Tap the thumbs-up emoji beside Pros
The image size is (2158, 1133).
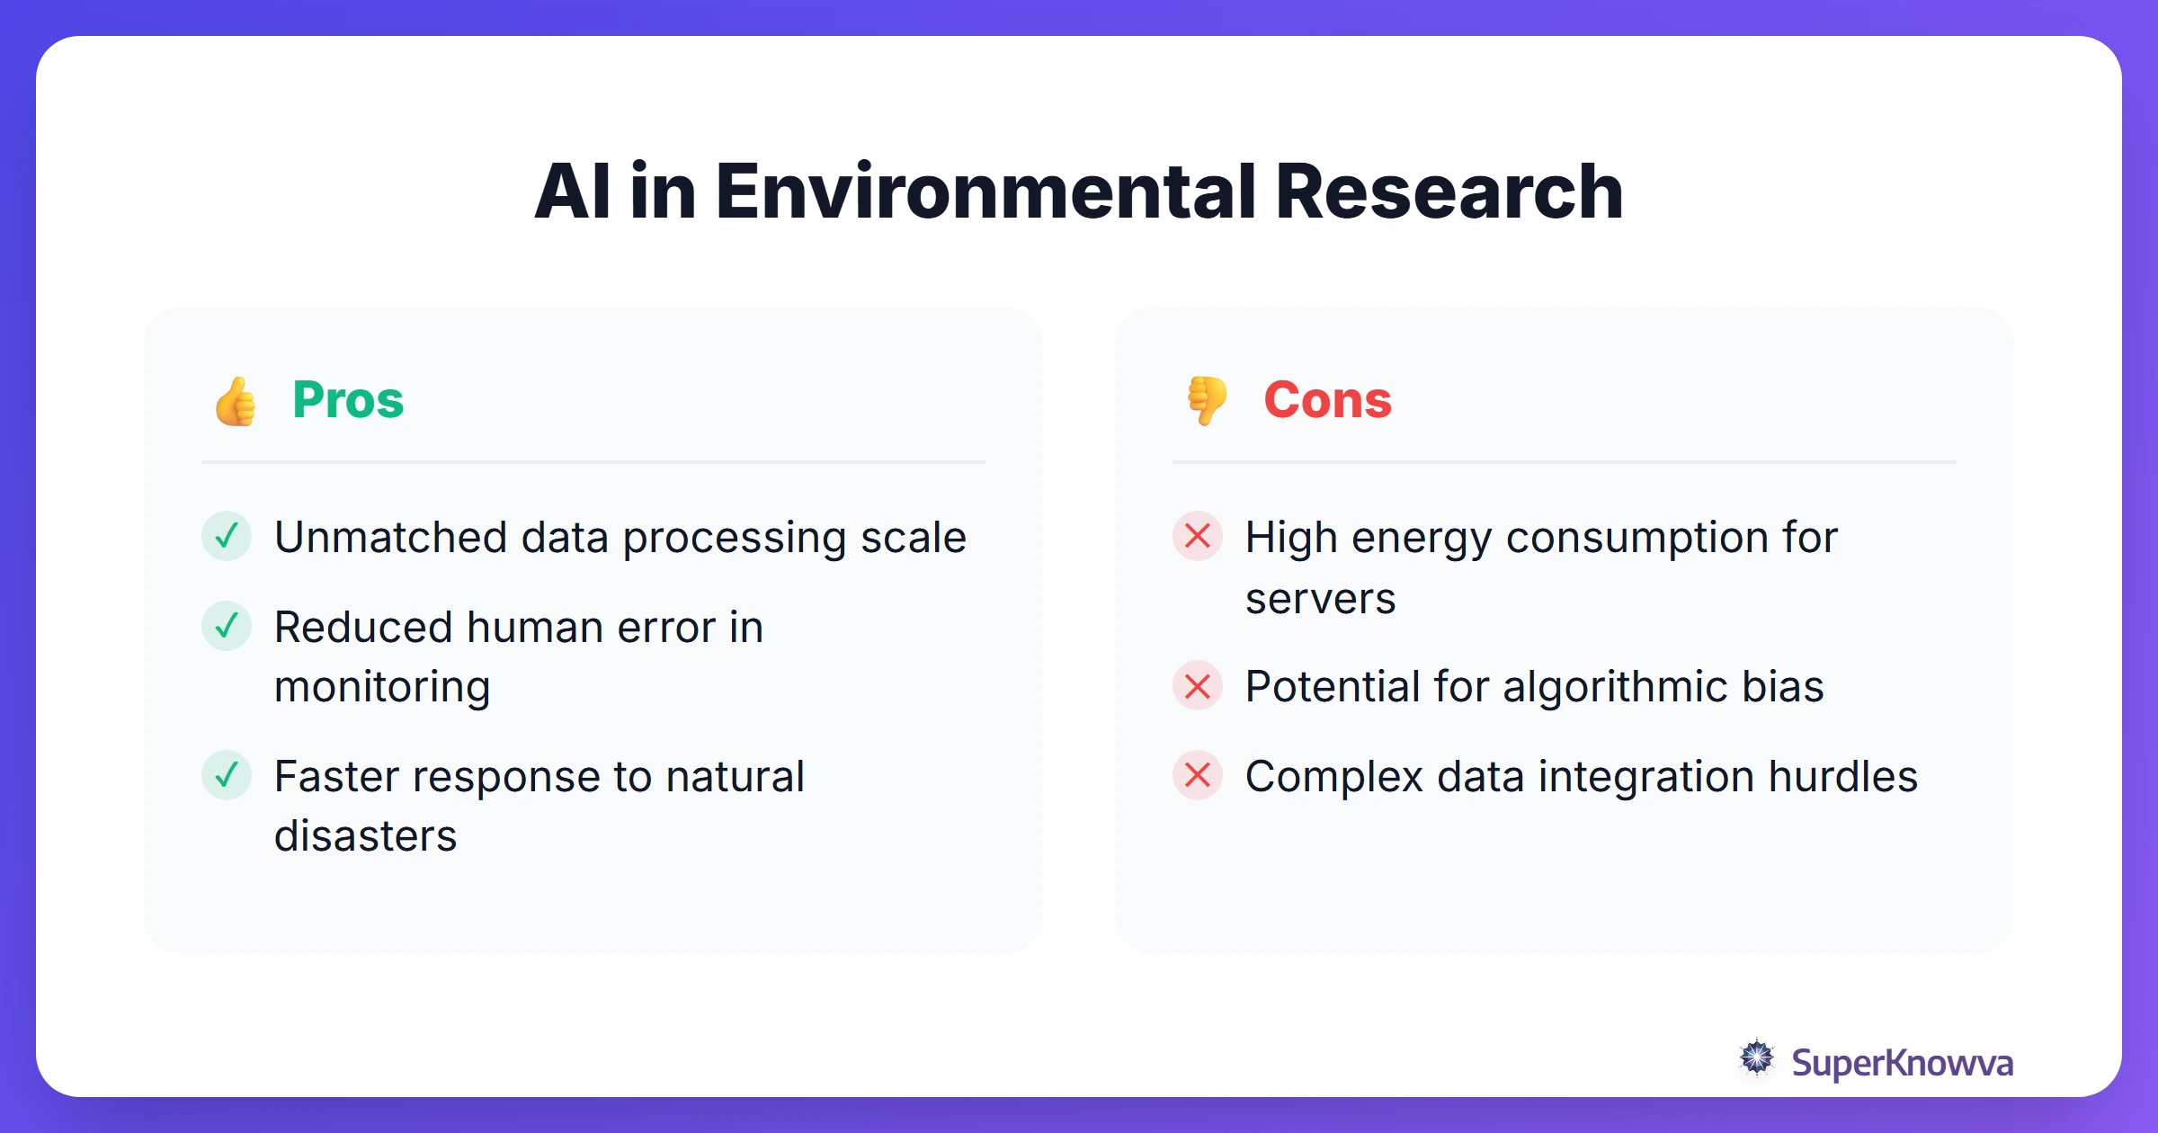point(236,401)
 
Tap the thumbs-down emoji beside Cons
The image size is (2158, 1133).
point(1207,400)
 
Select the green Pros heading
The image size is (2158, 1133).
point(348,400)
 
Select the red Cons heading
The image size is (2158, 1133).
point(1327,400)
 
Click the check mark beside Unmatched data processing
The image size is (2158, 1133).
point(227,536)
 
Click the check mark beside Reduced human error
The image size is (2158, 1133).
point(227,626)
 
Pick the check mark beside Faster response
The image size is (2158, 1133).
point(227,775)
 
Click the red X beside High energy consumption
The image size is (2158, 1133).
point(1198,536)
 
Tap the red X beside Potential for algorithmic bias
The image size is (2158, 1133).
point(1198,686)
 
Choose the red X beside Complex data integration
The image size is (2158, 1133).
point(1198,775)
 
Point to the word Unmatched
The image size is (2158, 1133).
point(390,538)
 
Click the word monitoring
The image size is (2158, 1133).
point(382,688)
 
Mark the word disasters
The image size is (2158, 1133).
point(365,836)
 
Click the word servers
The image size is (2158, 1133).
point(1320,599)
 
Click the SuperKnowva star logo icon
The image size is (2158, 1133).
point(1756,1058)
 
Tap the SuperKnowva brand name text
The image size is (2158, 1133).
point(1902,1063)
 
